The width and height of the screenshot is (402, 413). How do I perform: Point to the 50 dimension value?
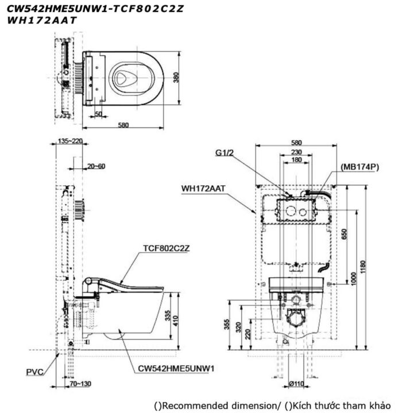[x=99, y=113]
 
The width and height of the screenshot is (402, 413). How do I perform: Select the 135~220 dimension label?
[x=71, y=141]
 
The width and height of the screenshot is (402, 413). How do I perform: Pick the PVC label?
[x=35, y=372]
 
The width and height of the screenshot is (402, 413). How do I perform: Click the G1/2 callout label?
[x=223, y=153]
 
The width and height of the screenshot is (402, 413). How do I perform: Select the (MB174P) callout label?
[x=360, y=166]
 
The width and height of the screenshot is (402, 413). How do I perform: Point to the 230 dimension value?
[x=296, y=151]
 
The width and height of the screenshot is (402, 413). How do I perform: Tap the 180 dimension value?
[x=296, y=160]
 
